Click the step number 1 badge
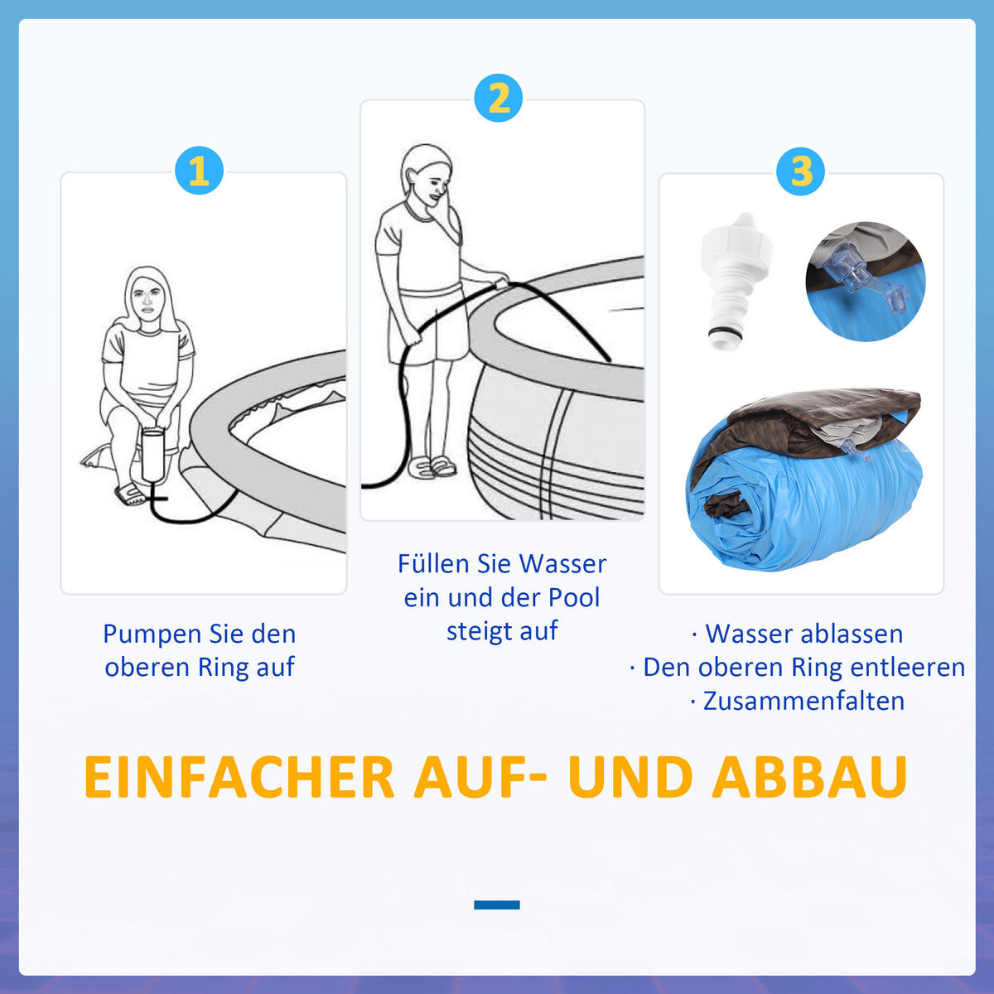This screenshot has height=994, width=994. point(199,171)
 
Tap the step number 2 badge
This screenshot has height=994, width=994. point(499,99)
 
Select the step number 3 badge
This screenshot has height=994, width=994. point(801,171)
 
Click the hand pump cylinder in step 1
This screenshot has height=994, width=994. point(154,456)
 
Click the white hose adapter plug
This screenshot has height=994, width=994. point(734,277)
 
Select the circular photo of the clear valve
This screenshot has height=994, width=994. point(865,281)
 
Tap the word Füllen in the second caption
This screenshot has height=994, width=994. point(433,564)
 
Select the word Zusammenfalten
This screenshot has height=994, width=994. point(803,701)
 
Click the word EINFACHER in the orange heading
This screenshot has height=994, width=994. point(239,777)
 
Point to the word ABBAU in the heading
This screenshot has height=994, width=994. point(810,777)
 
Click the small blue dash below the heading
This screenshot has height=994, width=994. point(497,905)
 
